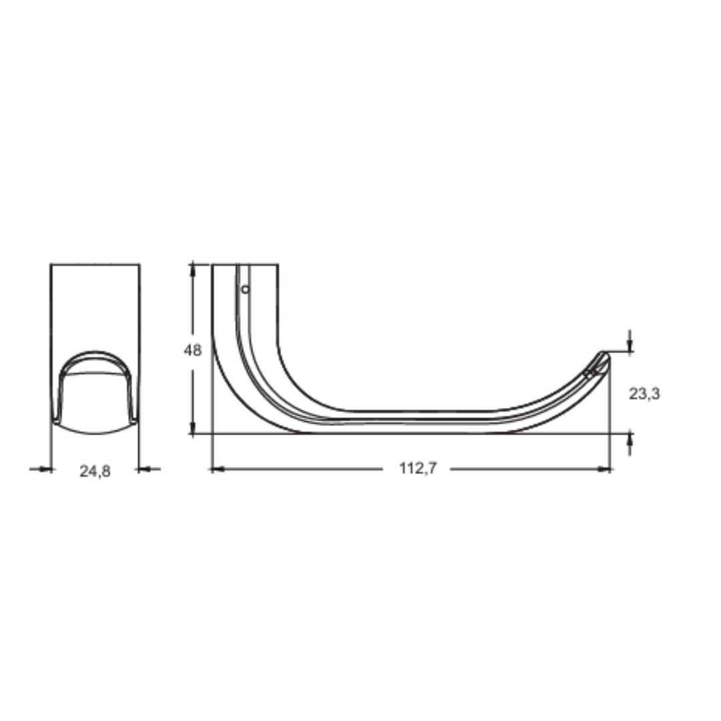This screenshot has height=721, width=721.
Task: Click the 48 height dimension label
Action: click(193, 350)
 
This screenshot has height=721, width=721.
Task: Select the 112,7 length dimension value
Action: click(417, 468)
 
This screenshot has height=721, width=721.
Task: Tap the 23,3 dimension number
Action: click(644, 394)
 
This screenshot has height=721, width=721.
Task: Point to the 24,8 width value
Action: click(95, 471)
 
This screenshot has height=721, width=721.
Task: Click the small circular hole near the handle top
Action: click(246, 289)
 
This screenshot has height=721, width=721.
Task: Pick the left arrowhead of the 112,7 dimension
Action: click(216, 469)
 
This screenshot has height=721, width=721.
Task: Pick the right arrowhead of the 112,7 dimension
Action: click(604, 469)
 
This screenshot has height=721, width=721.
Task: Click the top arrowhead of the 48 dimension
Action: click(193, 270)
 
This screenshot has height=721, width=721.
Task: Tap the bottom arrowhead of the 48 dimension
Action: click(193, 427)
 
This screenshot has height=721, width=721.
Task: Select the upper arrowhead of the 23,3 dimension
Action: click(630, 345)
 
